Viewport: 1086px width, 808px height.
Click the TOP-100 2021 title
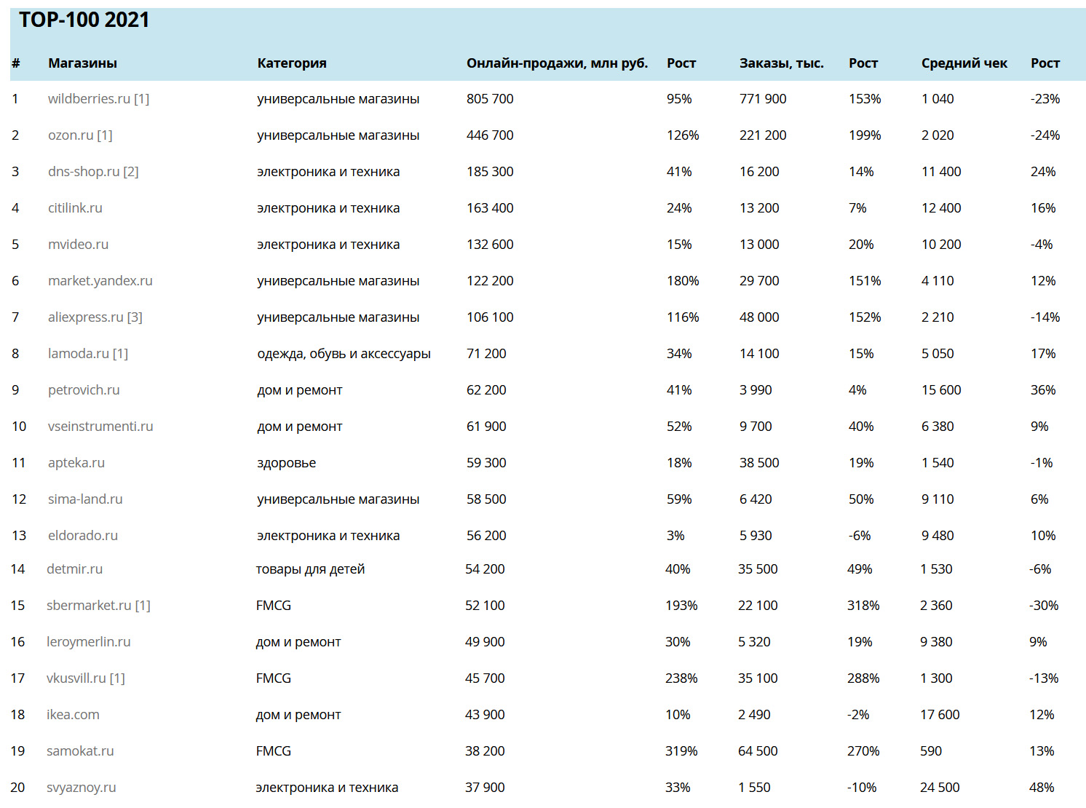point(84,20)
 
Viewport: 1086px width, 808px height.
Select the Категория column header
point(292,63)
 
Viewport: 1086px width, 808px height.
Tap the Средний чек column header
point(964,63)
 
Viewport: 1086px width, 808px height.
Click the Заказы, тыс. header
point(782,63)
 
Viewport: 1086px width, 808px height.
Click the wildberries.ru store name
point(89,99)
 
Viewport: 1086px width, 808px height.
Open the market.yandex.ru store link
point(100,281)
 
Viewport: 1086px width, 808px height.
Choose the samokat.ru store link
point(80,751)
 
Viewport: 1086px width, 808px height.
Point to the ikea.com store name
point(73,715)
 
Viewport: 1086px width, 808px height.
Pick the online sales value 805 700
point(490,99)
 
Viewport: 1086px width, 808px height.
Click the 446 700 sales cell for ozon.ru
point(490,135)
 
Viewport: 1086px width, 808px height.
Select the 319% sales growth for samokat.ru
point(681,751)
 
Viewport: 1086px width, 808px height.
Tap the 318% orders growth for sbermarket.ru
point(863,606)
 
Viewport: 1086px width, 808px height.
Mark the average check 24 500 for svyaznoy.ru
point(940,788)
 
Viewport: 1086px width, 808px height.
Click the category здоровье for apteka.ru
point(287,463)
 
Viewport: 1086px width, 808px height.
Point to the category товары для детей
point(310,569)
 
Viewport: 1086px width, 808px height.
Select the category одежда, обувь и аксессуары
point(344,354)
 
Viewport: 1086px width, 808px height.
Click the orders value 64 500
point(758,751)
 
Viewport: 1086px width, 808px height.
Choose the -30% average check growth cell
point(1043,606)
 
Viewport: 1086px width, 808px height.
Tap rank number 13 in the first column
point(19,536)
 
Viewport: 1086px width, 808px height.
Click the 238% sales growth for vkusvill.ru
point(681,678)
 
